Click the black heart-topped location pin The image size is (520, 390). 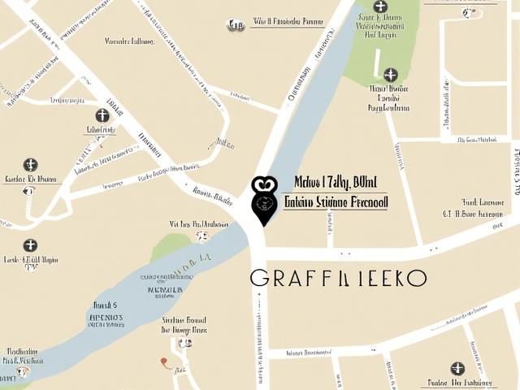pyautogui.click(x=263, y=198)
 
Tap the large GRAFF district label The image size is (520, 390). pyautogui.click(x=338, y=278)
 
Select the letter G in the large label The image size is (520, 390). pyautogui.click(x=260, y=278)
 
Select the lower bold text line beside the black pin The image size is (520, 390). pyautogui.click(x=334, y=201)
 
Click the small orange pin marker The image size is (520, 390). pyautogui.click(x=165, y=362)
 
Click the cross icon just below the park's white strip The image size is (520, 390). pyautogui.click(x=391, y=75)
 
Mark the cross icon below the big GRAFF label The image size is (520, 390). pyautogui.click(x=457, y=368)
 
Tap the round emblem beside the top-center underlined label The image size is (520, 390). pyautogui.click(x=236, y=25)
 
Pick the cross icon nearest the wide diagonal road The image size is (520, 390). pyautogui.click(x=102, y=115)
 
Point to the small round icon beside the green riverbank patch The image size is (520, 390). pyautogui.click(x=201, y=237)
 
